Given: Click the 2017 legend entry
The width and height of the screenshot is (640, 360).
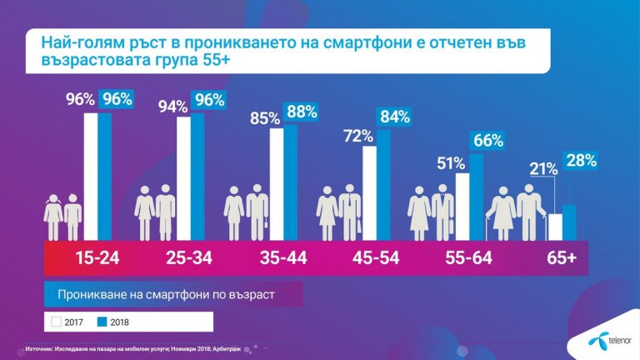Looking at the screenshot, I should tap(71, 321).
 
